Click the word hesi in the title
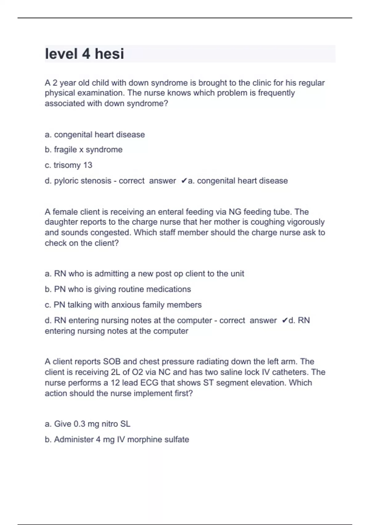109,54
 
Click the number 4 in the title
86,54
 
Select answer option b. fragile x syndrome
84,150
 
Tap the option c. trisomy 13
68,165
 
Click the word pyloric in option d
67,181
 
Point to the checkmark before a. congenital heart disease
184,181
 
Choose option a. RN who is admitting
144,274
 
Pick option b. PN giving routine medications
118,289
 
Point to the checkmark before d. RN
285,320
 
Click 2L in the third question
115,372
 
